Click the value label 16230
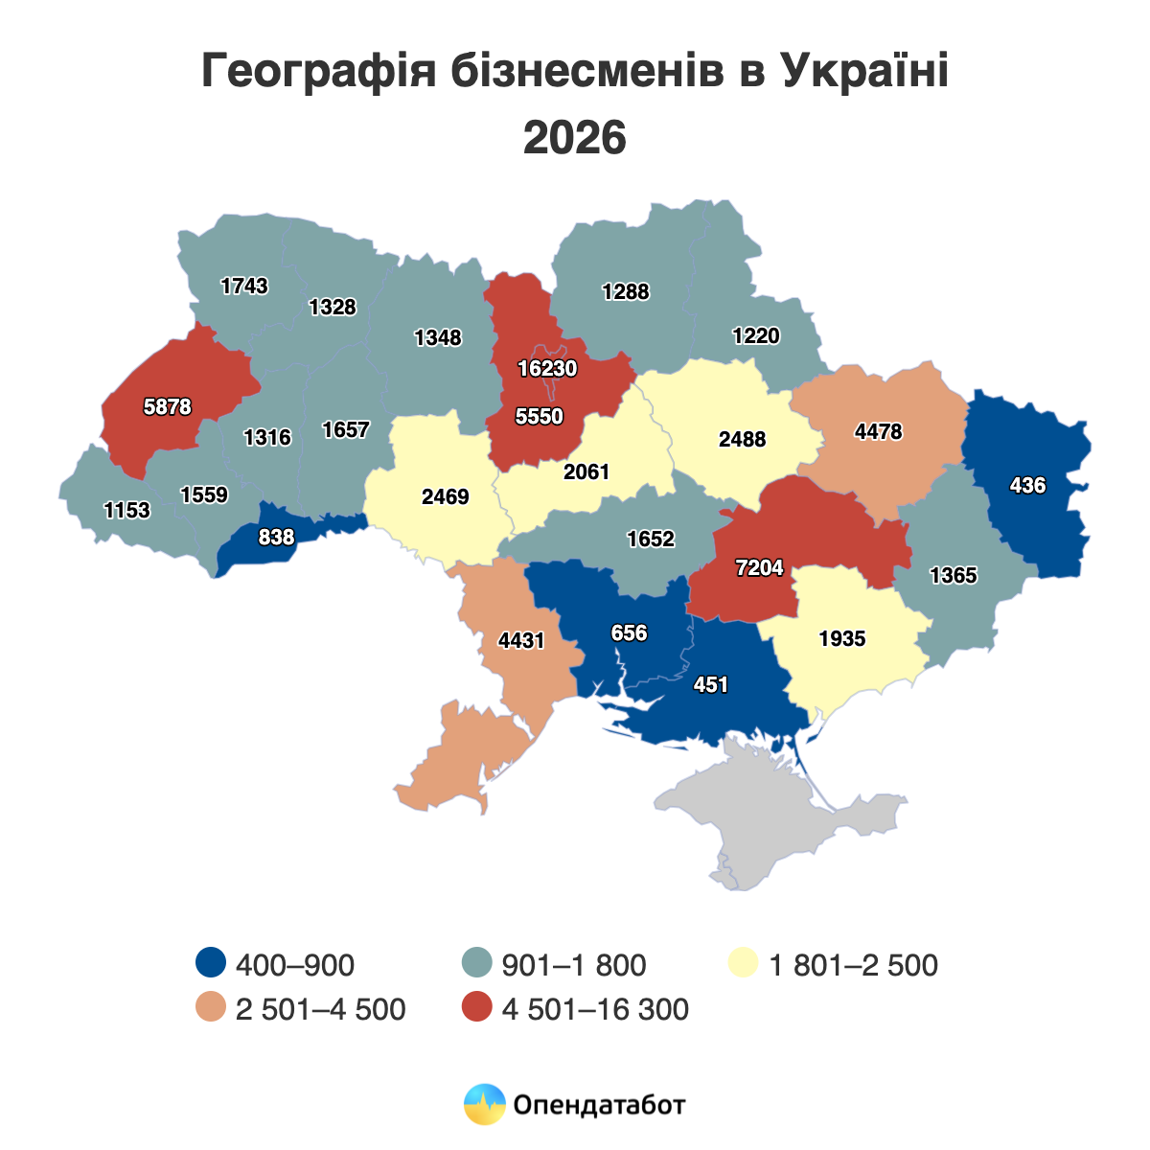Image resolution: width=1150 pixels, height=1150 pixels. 547,368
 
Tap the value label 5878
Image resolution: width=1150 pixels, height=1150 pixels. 168,406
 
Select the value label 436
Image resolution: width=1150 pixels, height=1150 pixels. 1027,486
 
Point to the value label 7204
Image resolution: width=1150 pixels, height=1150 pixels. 759,568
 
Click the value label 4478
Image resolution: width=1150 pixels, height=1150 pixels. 879,431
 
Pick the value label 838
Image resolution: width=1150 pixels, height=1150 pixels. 276,538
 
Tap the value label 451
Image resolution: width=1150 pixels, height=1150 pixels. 711,684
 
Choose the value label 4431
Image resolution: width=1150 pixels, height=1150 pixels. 521,640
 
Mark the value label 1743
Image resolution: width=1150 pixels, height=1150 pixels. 244,286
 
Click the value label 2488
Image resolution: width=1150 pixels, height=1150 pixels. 743,440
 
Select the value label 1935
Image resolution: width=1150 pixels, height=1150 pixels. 842,638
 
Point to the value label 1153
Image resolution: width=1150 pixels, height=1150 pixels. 127,510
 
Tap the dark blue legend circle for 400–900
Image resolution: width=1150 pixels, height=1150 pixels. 210,964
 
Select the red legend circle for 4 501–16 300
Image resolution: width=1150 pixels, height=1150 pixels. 476,1008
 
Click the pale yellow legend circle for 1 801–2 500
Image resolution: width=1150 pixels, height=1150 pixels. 744,964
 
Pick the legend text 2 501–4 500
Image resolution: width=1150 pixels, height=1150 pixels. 321,1009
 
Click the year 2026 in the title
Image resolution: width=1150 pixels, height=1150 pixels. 575,138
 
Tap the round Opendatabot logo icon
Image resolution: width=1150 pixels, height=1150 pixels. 484,1104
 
